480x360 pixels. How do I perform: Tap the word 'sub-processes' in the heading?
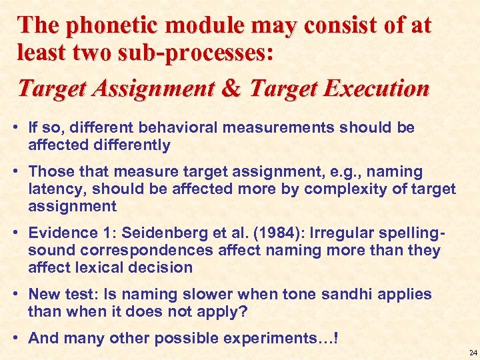pyautogui.click(x=203, y=53)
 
